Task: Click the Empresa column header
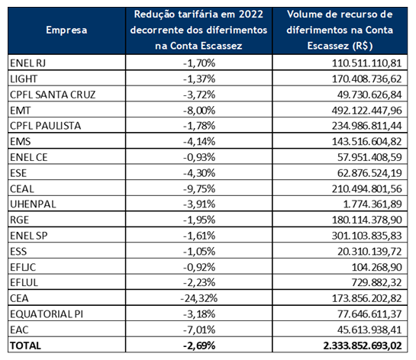(66, 30)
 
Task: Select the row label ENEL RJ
(30, 63)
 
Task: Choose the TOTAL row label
(26, 346)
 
